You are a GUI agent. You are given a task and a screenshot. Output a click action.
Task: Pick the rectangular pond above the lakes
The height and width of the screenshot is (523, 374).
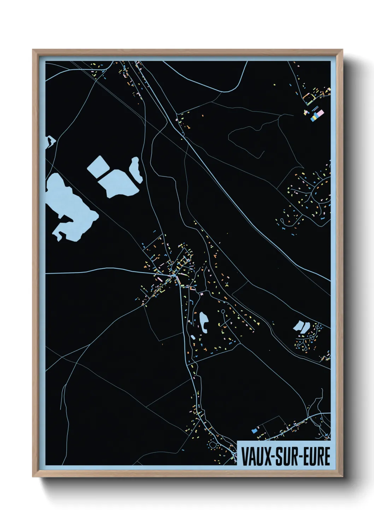click(x=99, y=166)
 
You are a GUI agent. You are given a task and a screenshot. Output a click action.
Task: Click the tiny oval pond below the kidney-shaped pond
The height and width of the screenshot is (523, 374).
click(x=194, y=337)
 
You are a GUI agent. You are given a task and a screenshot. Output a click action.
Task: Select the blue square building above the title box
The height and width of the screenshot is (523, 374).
click(x=253, y=431)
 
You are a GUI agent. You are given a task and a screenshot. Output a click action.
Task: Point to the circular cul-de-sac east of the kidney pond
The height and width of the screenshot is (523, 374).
click(x=223, y=311)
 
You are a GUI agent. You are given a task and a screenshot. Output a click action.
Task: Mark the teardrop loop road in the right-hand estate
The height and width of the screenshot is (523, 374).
click(x=283, y=222)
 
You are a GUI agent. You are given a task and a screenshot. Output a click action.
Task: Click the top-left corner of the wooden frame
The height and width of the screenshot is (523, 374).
click(x=33, y=50)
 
